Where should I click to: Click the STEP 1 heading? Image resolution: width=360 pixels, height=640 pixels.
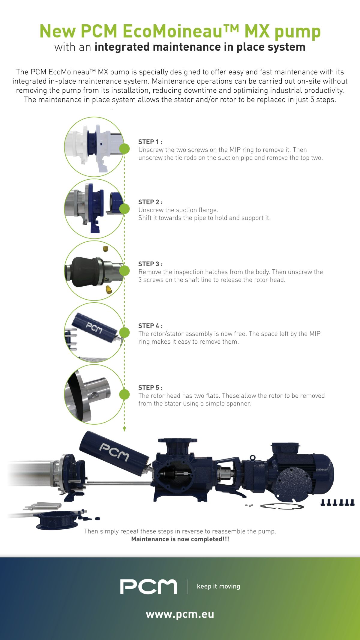coord(150,142)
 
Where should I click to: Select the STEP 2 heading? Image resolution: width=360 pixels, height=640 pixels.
coord(150,202)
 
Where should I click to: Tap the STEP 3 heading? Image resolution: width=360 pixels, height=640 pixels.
coord(150,264)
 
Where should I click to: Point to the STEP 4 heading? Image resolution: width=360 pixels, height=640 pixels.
coord(150,326)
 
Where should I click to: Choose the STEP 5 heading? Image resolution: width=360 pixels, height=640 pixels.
coord(150,387)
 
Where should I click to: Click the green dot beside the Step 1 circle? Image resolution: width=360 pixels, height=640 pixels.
coord(124,149)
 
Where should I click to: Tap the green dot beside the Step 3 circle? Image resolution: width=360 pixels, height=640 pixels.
coord(124,271)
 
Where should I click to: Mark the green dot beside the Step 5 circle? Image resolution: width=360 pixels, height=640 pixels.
coord(124,394)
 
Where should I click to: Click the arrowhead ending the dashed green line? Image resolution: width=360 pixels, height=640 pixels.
coord(124,429)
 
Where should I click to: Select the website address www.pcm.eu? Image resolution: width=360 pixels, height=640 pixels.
coord(180,614)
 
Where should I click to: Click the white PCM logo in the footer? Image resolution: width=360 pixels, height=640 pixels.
coord(148,587)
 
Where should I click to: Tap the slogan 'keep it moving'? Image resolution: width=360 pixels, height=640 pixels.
coord(218,586)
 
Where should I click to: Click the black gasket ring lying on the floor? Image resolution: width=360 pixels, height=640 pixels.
coord(282,506)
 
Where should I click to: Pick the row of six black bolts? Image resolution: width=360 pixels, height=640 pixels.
coord(338,502)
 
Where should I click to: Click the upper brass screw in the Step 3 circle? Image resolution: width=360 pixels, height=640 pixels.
coord(105,249)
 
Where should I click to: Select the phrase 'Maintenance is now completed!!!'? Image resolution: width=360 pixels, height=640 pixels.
coord(180,539)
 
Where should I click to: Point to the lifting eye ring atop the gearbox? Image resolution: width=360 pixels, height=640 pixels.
coord(253,457)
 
